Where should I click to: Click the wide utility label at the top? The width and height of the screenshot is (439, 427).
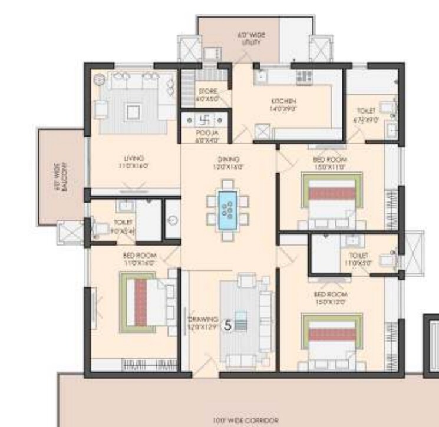click(251, 39)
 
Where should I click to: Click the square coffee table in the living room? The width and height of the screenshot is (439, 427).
click(133, 110)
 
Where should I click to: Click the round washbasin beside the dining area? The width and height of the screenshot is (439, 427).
click(172, 221)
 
